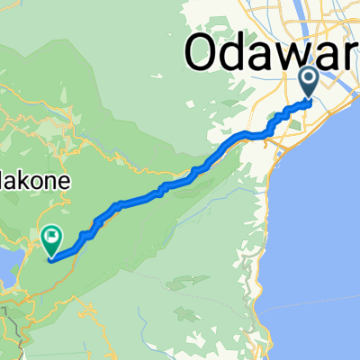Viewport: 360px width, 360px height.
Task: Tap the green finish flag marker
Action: (51, 238)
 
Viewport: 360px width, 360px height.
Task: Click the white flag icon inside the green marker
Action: (52, 237)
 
